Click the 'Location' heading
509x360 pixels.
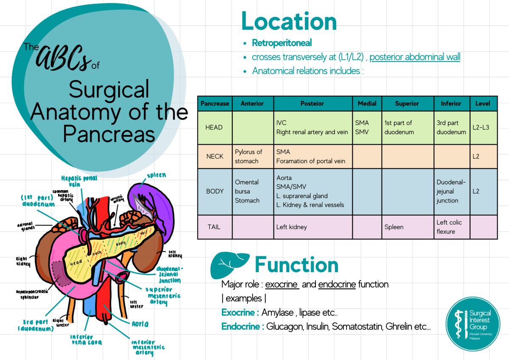point(289,21)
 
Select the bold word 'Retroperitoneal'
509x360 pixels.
point(282,43)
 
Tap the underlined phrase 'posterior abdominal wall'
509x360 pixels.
point(415,57)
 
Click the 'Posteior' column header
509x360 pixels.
point(312,104)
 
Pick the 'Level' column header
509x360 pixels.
point(483,104)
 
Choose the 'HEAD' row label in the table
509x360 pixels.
point(214,127)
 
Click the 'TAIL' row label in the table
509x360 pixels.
point(214,227)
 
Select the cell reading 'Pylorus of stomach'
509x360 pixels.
point(249,156)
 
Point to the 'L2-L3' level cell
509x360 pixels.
point(482,127)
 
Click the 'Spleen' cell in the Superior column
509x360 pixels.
point(394,227)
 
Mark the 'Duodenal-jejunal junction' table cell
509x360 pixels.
point(451,191)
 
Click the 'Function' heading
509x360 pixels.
point(296,265)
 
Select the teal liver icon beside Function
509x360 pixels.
point(230,265)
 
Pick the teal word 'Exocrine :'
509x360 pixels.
point(240,313)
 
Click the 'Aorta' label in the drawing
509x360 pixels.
point(140,324)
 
